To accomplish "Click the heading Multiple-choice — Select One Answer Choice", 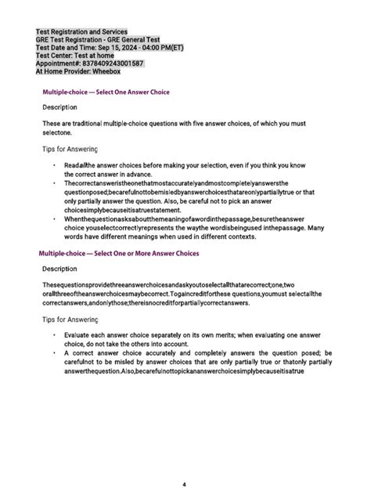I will click(106, 92).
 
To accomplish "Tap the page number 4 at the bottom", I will click(184, 462).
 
